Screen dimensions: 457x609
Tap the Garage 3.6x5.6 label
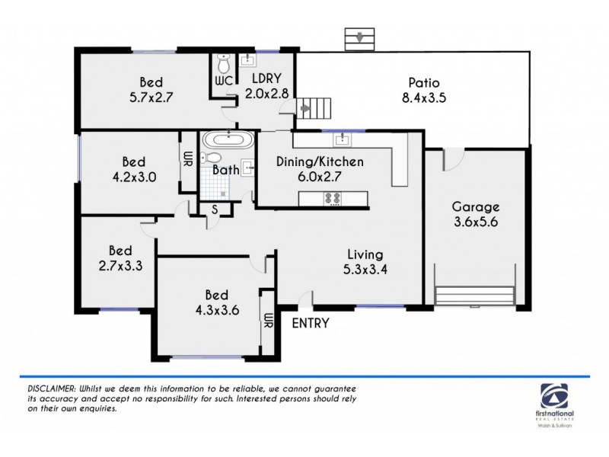(476, 214)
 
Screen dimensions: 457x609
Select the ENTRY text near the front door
(311, 323)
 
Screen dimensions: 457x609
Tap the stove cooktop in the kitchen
(333, 199)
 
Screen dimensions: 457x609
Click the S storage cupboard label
(215, 208)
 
